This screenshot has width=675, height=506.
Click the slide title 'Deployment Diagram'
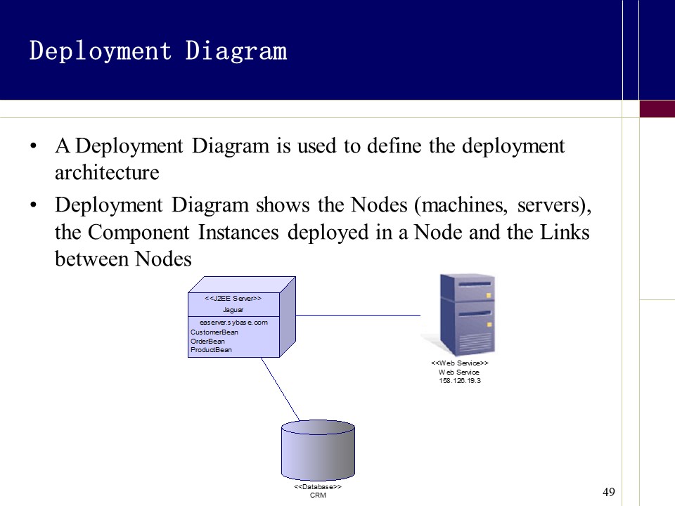[x=158, y=51]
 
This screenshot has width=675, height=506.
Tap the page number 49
[x=609, y=492]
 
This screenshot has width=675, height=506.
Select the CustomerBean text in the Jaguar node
[x=214, y=332]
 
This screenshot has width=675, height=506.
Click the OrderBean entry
[x=208, y=341]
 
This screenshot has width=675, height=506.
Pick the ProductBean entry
[x=211, y=349]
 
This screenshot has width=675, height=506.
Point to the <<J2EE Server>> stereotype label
[x=233, y=299]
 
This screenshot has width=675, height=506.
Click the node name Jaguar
[x=233, y=309]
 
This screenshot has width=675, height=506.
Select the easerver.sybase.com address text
[x=233, y=323]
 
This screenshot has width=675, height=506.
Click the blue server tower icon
[x=467, y=315]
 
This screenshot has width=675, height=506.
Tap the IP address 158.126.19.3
[x=459, y=380]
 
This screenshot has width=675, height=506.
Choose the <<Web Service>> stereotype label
[x=459, y=363]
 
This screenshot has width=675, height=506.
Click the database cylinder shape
[x=318, y=450]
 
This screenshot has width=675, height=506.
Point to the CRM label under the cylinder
[x=318, y=495]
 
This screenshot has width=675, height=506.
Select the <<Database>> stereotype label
[x=318, y=486]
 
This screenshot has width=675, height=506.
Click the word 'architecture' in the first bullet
[x=107, y=172]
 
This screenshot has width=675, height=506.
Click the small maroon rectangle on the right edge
[x=657, y=109]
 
